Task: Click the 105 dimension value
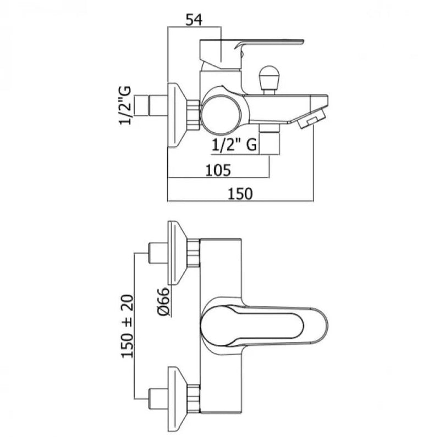pos(219,170)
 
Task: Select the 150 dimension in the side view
pos(240,193)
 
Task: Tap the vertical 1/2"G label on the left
pos(127,105)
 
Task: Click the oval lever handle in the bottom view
pos(258,323)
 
